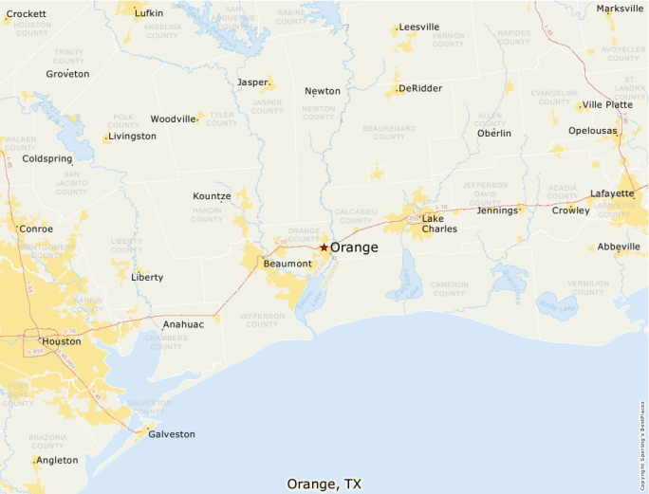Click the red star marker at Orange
point(324,247)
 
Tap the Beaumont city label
point(287,263)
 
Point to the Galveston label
point(172,434)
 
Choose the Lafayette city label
point(612,193)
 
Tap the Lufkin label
point(149,13)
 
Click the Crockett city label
point(27,14)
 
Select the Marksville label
point(619,9)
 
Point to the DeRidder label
point(420,88)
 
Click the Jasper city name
point(252,82)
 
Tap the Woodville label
point(173,119)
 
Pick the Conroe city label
point(36,229)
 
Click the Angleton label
point(57,461)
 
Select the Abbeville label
point(620,247)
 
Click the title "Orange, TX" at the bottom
point(324,484)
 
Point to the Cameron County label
point(449,288)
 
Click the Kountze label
point(212,196)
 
